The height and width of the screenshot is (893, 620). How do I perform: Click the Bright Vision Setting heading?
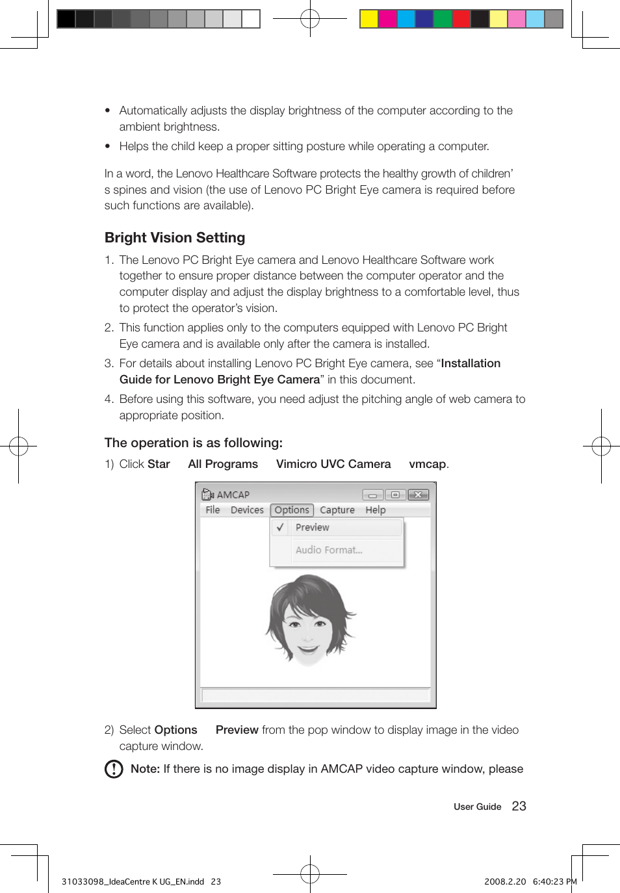(175, 238)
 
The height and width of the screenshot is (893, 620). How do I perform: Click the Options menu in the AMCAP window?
(292, 510)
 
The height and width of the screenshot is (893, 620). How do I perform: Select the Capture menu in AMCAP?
(337, 510)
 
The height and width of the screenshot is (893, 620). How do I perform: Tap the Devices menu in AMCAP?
(247, 510)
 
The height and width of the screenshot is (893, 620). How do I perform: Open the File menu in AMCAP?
(213, 510)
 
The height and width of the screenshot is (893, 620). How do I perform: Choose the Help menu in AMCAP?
(375, 510)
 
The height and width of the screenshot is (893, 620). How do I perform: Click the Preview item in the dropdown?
(313, 528)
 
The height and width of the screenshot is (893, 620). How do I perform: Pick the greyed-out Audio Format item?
(329, 550)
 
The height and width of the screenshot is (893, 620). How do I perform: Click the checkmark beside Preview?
(280, 528)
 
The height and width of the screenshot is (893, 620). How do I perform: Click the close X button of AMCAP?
(418, 495)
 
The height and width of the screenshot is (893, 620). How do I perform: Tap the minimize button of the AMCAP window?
(373, 495)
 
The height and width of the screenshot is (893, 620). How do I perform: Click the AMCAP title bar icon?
(207, 495)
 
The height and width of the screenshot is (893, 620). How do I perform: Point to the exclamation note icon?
(114, 769)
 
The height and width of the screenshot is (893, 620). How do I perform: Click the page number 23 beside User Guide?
(519, 806)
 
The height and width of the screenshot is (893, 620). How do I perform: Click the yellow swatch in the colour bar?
(369, 19)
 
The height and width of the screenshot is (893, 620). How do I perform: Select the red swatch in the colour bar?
(461, 19)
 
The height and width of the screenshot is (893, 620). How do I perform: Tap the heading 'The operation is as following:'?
(194, 443)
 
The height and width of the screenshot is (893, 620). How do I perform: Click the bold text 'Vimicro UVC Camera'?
(333, 464)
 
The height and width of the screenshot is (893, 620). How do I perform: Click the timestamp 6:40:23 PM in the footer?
(554, 881)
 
